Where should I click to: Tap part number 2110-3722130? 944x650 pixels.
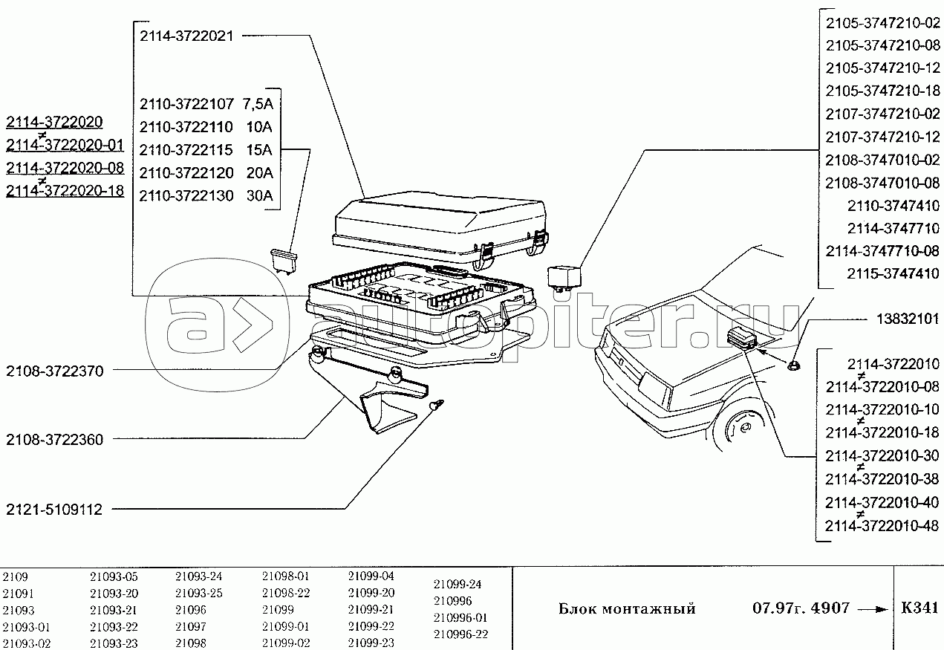pos(186,196)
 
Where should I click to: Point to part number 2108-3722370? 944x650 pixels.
pos(54,370)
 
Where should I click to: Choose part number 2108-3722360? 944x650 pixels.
pos(54,439)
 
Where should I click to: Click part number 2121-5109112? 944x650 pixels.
pos(54,510)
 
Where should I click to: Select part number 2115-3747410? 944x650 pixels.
pos(893,273)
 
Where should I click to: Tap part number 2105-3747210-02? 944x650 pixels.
pos(882,23)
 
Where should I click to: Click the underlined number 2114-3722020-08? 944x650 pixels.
pos(65,167)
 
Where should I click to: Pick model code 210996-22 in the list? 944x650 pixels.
pos(460,634)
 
